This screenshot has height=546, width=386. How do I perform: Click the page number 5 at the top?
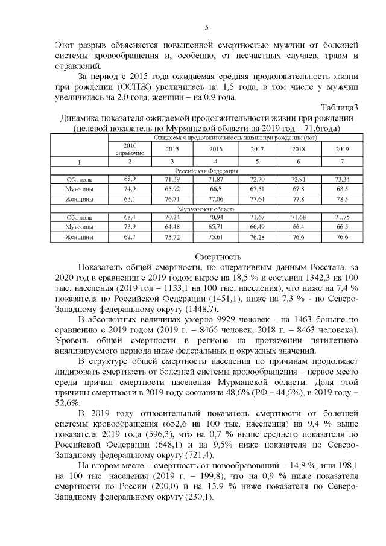[207, 27]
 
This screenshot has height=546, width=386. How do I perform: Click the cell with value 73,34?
[342, 180]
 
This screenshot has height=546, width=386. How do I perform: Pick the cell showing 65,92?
[172, 189]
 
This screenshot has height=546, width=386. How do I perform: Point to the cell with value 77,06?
[216, 198]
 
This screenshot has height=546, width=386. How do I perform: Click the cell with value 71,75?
[342, 217]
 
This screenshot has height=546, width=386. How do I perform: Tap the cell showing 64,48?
[172, 227]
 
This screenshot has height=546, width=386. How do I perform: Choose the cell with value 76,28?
[258, 237]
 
